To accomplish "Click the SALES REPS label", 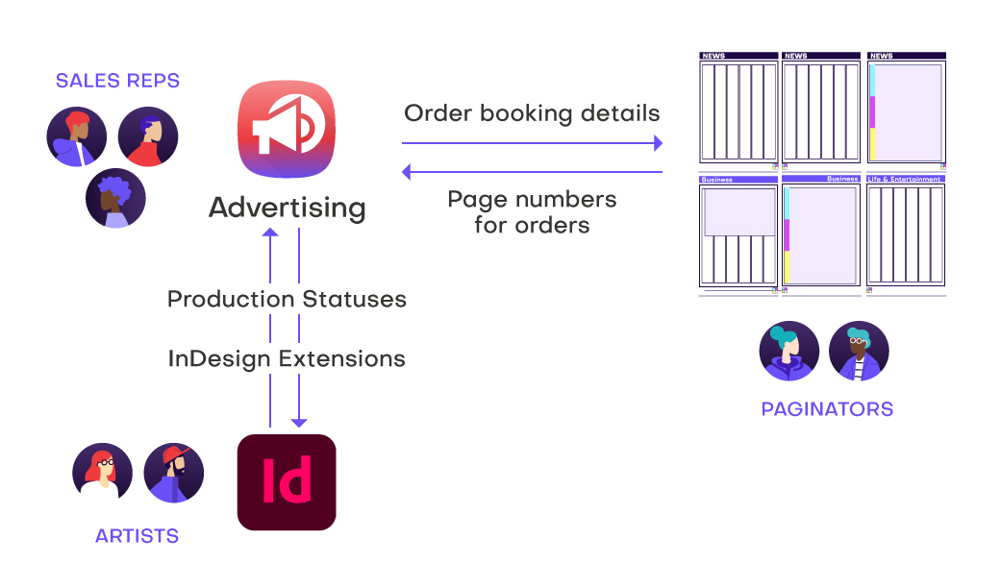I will tap(117, 81).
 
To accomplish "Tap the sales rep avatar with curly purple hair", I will tap(113, 198).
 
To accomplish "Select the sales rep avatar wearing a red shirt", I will tap(148, 136).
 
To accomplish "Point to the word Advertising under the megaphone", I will tap(287, 208).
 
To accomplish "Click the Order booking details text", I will tap(532, 113).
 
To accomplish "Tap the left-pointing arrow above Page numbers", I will tap(408, 172).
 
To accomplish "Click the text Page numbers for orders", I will tap(532, 212).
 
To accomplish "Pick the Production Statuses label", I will tap(287, 299).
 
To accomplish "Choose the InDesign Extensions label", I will tap(287, 359).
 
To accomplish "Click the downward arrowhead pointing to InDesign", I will tap(299, 421).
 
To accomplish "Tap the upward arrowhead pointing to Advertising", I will tap(271, 233).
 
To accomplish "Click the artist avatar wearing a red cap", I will tap(174, 473).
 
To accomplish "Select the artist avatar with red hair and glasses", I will tap(103, 473).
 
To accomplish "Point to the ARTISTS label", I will tap(137, 536).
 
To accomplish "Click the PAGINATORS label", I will tap(827, 409).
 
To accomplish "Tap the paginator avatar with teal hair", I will tap(789, 351).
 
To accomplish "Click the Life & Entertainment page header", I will tap(905, 179).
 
